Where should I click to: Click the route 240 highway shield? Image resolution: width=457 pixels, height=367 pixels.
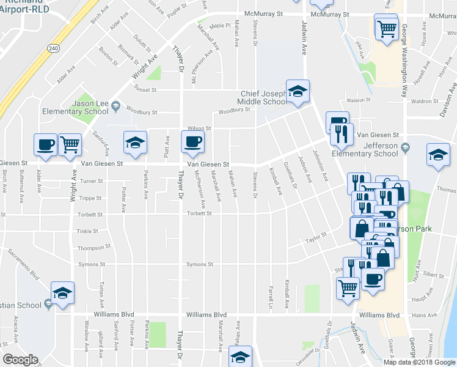tap(54, 48)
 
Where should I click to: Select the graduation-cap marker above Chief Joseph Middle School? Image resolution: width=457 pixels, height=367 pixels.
tap(298, 92)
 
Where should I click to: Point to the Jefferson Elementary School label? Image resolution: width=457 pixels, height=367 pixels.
tap(376, 150)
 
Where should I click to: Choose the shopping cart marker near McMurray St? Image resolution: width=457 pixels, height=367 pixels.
tap(386, 28)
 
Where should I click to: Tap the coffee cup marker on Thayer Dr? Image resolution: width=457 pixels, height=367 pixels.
tap(192, 142)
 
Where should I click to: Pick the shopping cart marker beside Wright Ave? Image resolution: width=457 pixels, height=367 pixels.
tap(70, 144)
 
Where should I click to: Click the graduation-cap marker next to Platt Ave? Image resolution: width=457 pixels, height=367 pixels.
tap(135, 143)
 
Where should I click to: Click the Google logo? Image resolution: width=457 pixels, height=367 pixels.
tap(20, 360)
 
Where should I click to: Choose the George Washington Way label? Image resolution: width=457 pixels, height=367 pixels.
tap(404, 61)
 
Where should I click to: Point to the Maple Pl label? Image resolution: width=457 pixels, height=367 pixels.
tap(217, 26)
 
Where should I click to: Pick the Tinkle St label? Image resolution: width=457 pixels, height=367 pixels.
tap(87, 231)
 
